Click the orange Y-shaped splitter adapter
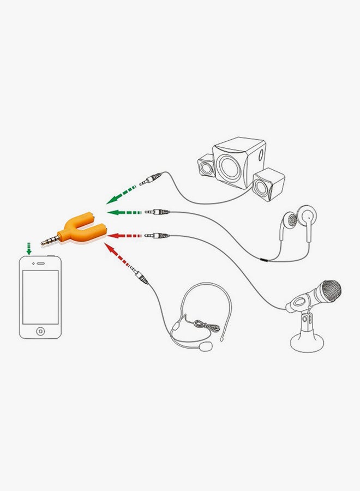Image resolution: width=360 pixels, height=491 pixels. tap(82, 230)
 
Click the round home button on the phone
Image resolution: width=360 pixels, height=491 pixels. tap(40, 331)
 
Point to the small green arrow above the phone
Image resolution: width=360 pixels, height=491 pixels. tap(28, 249)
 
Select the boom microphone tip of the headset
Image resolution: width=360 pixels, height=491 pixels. tap(206, 347)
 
